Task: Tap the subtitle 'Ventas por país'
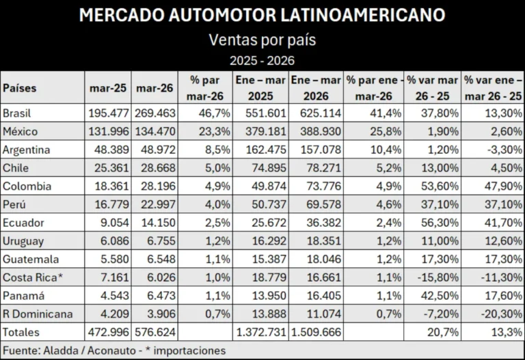262,40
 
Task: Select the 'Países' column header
20,88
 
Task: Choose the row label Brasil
17,112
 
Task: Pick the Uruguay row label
23,241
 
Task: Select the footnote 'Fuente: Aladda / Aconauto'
75,350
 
